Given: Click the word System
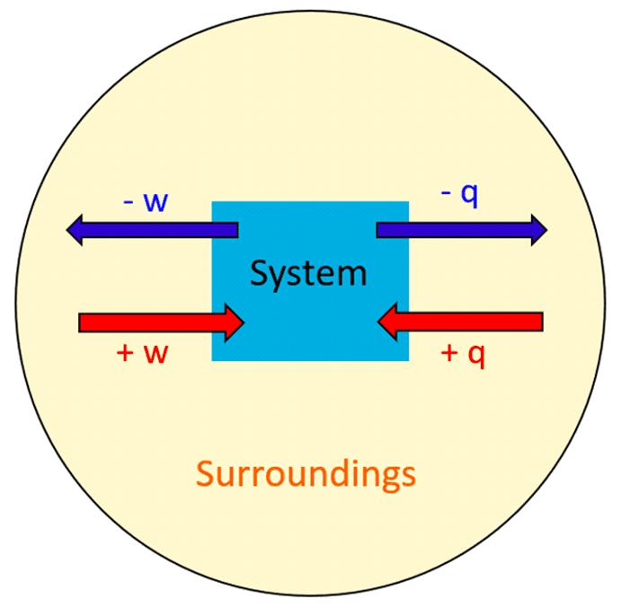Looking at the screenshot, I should tap(308, 273).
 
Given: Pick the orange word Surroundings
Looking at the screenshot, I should tap(306, 473).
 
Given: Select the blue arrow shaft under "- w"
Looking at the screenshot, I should tap(162, 231).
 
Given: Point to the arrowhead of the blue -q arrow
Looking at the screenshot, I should tap(538, 231).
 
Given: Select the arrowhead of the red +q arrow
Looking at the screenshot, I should tap(389, 322).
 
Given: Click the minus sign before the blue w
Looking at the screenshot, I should tap(129, 201).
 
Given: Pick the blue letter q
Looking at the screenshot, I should tap(470, 198).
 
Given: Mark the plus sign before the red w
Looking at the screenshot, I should tap(126, 353).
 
